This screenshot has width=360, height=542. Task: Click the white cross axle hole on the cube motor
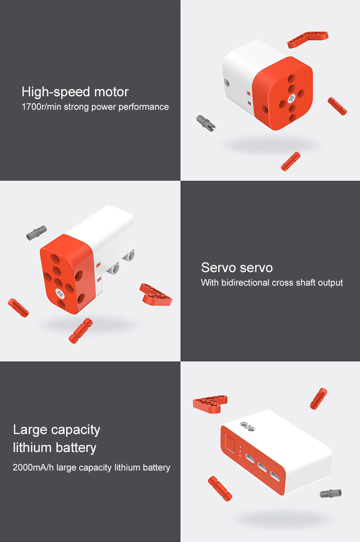coord(291,99)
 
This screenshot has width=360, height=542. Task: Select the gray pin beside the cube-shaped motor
coord(206,123)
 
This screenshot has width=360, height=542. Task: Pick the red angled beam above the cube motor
coord(307,39)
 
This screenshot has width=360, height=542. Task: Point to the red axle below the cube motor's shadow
coord(291,161)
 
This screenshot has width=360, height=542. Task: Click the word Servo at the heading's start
coord(218,268)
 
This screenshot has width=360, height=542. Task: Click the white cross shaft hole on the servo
coord(59,293)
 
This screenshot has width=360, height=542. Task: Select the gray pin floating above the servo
coord(36,233)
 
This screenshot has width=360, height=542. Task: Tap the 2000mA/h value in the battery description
coord(33,467)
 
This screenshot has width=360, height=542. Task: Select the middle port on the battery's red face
coord(262,467)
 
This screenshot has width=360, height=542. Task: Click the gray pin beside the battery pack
coord(331,493)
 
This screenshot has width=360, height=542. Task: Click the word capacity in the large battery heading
coord(76,430)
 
